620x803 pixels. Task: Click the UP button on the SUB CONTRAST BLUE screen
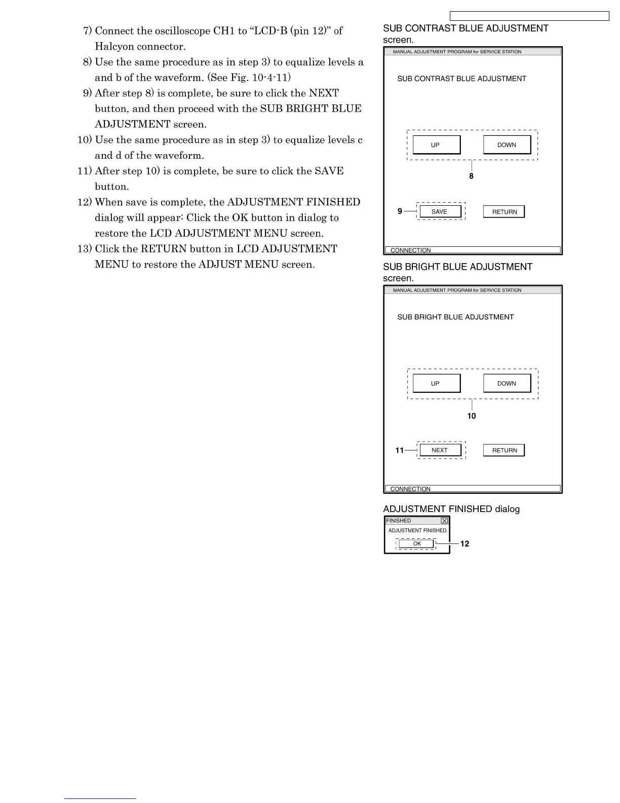(x=436, y=145)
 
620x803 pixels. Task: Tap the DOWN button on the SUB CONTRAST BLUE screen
(x=507, y=145)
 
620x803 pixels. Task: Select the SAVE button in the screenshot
(x=440, y=212)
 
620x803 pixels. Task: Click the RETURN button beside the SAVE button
(x=504, y=212)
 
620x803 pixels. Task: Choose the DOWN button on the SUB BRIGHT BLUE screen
(x=507, y=384)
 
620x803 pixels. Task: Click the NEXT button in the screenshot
(x=440, y=450)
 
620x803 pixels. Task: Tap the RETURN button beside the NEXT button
(x=504, y=450)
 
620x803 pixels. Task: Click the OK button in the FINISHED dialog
(x=416, y=544)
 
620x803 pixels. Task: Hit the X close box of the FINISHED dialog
(x=444, y=521)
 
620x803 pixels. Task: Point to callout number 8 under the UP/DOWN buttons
(x=471, y=176)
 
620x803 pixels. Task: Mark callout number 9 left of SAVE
(x=400, y=211)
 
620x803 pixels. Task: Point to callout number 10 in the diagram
(x=472, y=416)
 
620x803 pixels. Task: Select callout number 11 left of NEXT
(x=400, y=450)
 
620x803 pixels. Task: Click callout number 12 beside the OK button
(x=464, y=544)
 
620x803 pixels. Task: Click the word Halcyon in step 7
(x=114, y=47)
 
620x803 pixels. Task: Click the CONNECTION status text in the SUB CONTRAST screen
(x=411, y=250)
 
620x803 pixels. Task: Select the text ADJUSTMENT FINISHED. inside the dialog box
(x=418, y=531)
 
